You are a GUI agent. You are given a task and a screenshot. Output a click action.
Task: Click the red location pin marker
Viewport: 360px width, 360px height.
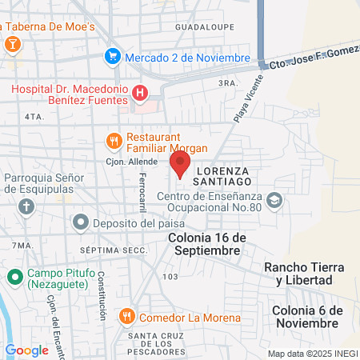click(180, 165)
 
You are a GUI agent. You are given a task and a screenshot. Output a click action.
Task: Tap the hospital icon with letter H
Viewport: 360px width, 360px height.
click(141, 94)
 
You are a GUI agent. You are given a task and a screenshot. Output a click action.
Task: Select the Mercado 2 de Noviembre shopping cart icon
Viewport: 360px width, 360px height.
click(113, 57)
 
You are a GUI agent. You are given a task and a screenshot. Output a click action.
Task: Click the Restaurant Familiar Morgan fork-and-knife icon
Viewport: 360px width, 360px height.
click(114, 142)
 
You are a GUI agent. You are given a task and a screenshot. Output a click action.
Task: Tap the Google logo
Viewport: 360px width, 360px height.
click(26, 350)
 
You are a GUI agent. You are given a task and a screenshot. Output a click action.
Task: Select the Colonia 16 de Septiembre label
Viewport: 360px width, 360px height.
click(204, 244)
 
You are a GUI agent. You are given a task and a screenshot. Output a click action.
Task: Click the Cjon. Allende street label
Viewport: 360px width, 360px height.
click(126, 161)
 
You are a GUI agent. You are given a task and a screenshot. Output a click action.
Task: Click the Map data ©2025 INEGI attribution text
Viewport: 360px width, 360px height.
click(312, 354)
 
